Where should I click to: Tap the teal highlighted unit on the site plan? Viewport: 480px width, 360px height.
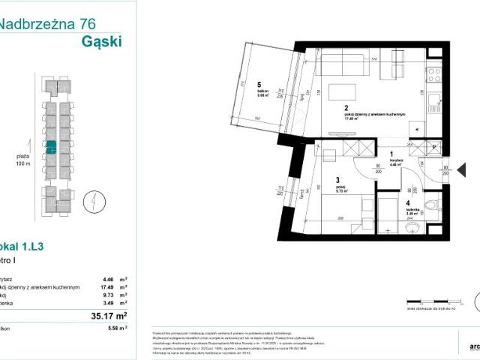pos(52,148)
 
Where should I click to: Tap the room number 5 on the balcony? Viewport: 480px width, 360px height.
pos(258,85)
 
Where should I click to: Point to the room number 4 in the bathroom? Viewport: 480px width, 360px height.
pos(409,202)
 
